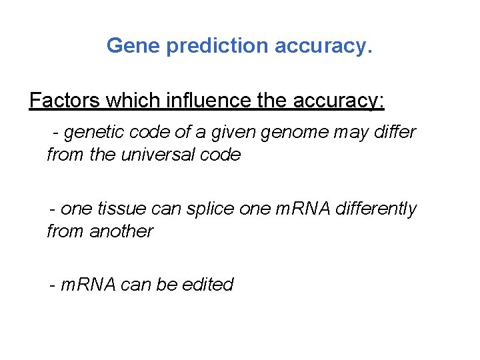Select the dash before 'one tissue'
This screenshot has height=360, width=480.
(x=52, y=209)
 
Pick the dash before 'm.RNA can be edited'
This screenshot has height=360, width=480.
(x=52, y=285)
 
